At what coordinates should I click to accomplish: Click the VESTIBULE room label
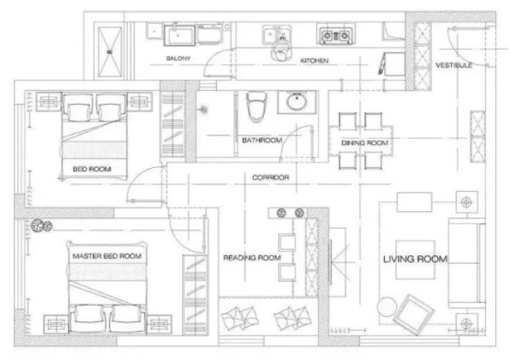click(453, 66)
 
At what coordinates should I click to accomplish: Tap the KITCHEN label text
click(314, 61)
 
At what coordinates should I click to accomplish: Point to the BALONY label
click(178, 59)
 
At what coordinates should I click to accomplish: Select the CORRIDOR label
click(271, 177)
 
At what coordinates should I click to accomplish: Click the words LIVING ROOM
click(415, 259)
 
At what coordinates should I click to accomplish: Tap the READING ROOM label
click(252, 257)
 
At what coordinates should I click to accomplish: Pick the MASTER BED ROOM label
click(106, 256)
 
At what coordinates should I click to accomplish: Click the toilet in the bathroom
click(257, 106)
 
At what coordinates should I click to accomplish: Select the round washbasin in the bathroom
click(297, 102)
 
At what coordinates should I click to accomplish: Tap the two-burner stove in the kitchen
click(336, 35)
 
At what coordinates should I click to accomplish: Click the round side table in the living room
click(387, 307)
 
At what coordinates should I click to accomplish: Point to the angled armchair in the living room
click(413, 315)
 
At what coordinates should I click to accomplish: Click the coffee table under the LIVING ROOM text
click(415, 260)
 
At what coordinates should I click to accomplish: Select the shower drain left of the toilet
click(204, 110)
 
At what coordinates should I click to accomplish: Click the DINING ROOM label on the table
click(365, 143)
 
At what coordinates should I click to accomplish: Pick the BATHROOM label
click(262, 140)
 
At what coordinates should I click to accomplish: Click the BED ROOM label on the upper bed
click(92, 169)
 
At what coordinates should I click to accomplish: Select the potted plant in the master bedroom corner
click(42, 226)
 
